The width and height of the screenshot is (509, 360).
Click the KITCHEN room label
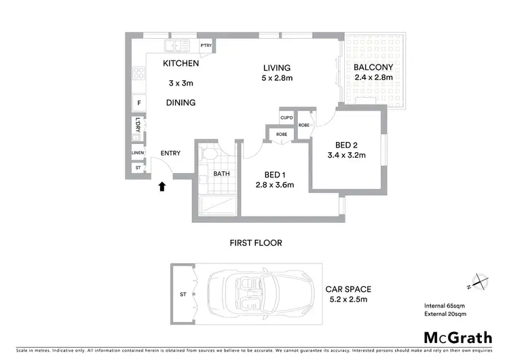pyautogui.click(x=181, y=64)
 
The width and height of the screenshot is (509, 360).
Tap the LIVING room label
pyautogui.click(x=277, y=68)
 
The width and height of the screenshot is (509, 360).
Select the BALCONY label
pyautogui.click(x=373, y=67)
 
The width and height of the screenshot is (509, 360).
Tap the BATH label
pyautogui.click(x=222, y=174)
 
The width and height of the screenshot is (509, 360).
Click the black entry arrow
pyautogui.click(x=162, y=186)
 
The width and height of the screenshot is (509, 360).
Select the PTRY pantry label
pyautogui.click(x=206, y=46)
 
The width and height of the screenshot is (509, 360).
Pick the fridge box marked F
pyautogui.click(x=139, y=103)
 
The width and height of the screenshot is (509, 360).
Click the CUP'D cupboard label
pyautogui.click(x=286, y=119)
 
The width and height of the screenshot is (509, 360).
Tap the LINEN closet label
pyautogui.click(x=138, y=154)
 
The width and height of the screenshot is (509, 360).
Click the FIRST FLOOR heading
pyautogui.click(x=255, y=242)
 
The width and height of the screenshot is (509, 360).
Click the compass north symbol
pyautogui.click(x=478, y=281)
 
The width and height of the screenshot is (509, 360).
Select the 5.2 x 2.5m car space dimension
pyautogui.click(x=348, y=300)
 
